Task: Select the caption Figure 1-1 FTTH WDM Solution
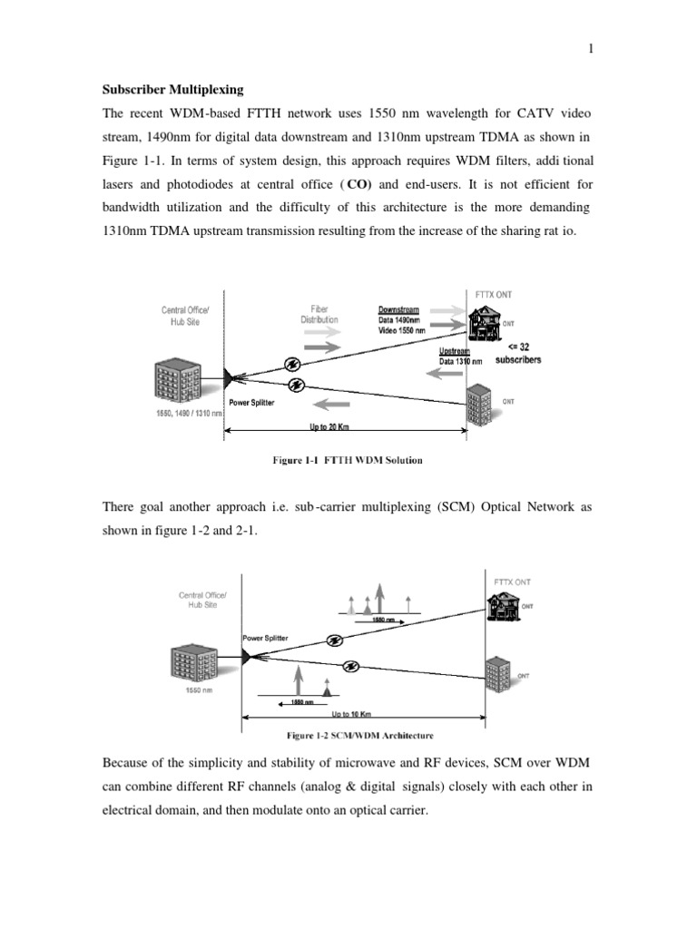click(348, 460)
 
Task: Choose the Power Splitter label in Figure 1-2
click(265, 639)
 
